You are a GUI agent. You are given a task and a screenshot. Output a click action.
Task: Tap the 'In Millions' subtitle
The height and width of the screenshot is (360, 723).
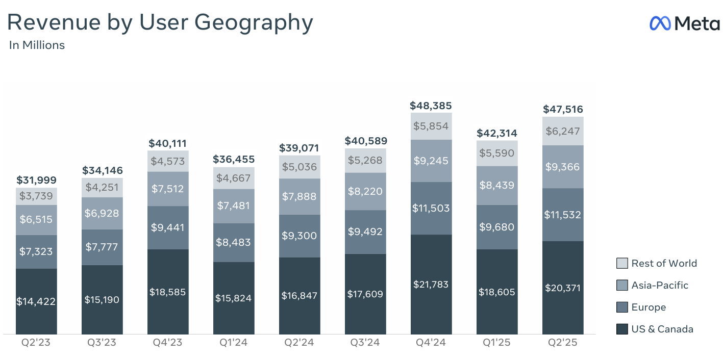click(x=37, y=45)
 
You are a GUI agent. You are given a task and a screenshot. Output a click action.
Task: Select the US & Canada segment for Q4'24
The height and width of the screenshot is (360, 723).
click(x=431, y=284)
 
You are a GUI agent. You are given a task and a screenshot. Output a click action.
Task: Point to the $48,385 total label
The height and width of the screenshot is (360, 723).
click(x=431, y=106)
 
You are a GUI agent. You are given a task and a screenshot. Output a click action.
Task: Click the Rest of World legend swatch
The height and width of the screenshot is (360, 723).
click(x=622, y=263)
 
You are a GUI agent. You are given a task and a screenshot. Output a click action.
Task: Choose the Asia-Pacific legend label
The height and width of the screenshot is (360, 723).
click(x=660, y=285)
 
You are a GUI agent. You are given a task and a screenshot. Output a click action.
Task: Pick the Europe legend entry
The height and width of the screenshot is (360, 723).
click(x=649, y=307)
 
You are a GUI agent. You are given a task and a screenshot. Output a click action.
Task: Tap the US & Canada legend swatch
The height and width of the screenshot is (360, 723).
click(x=622, y=329)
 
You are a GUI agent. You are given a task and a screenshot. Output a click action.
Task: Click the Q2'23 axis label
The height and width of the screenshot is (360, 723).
click(x=36, y=342)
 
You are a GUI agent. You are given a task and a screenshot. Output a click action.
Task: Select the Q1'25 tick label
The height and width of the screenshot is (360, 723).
click(x=497, y=342)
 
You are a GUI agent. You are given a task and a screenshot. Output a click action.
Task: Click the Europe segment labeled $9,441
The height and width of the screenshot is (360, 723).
click(x=168, y=227)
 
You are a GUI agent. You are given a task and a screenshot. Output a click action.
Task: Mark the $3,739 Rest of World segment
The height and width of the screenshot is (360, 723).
click(x=36, y=196)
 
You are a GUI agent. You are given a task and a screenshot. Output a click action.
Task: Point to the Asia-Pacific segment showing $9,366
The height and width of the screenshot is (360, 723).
click(x=563, y=167)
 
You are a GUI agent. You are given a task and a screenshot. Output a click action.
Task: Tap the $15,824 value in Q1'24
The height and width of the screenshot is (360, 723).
click(x=234, y=298)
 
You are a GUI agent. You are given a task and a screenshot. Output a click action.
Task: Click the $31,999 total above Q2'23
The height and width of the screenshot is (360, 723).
click(x=36, y=180)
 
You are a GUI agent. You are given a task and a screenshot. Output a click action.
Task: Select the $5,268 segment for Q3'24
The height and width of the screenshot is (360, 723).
click(x=365, y=160)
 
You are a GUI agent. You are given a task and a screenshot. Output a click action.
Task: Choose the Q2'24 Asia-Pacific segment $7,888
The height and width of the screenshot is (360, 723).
click(x=300, y=196)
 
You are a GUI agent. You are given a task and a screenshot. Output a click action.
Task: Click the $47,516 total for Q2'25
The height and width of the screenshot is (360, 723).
click(x=563, y=109)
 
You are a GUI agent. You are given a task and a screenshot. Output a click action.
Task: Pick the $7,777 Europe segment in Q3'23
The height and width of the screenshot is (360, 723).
click(x=102, y=247)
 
